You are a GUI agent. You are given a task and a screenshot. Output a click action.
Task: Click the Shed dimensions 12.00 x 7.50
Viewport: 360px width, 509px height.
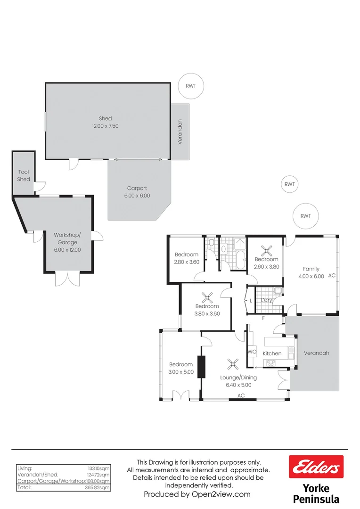105,126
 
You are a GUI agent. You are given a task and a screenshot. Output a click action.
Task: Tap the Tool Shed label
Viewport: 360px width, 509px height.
24,176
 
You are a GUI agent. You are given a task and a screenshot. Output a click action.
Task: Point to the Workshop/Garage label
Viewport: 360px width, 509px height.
67,238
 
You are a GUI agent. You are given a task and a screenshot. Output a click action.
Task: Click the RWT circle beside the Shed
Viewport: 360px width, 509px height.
190,86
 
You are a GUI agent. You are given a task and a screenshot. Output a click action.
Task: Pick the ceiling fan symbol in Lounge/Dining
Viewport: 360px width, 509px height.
232,363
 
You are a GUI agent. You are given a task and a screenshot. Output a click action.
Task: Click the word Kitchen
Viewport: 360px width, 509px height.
272,353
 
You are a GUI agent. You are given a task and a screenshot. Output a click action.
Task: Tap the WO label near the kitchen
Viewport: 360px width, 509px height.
252,352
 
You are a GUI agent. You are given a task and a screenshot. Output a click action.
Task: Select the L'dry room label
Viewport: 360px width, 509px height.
267,300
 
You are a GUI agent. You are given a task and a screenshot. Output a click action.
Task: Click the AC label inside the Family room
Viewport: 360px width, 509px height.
332,275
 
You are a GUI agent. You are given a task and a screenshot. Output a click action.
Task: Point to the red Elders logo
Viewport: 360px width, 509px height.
316,468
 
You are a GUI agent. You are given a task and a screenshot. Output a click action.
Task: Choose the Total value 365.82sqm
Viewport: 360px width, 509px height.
99,487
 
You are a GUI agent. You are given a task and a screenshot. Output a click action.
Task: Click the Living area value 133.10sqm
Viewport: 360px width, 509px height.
99,468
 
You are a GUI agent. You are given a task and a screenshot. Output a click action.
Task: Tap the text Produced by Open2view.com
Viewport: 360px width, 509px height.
197,494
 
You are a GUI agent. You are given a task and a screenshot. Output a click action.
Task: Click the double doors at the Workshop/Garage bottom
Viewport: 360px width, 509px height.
64,279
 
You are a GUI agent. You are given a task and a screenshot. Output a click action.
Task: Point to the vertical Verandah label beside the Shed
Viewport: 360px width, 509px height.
180,132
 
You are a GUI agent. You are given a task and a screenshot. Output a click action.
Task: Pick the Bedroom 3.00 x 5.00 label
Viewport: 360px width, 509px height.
181,368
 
